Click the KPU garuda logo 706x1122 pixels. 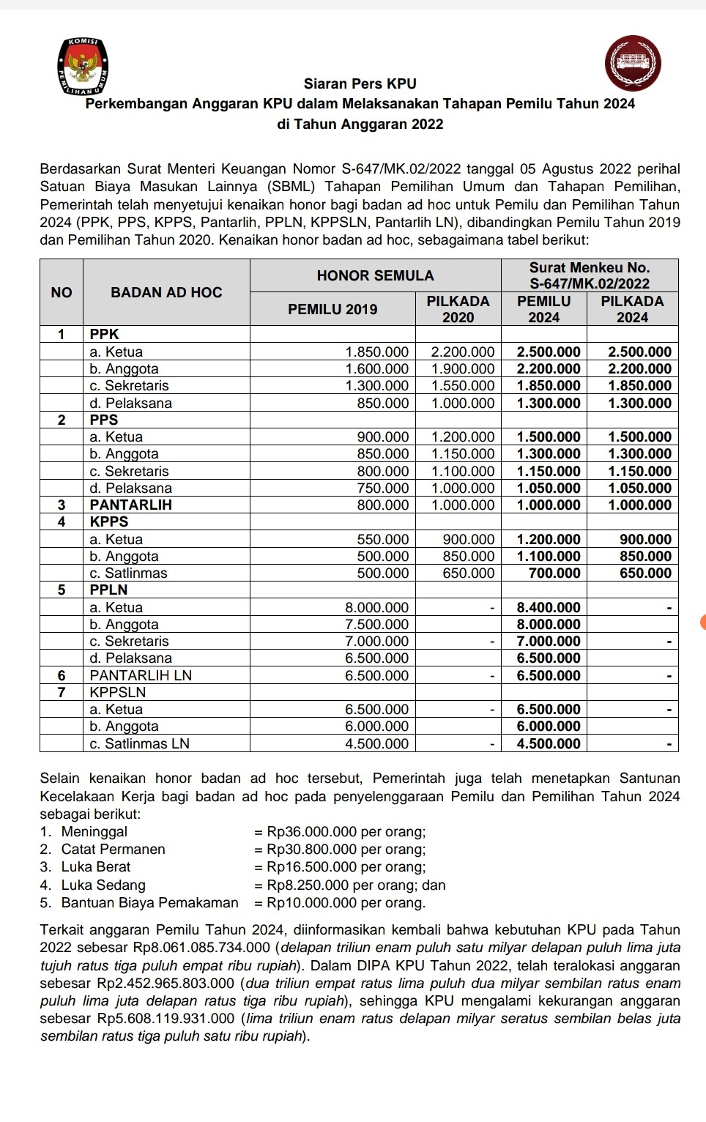coord(84,67)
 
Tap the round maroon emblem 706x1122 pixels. coord(633,63)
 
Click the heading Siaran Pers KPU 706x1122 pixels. coord(360,84)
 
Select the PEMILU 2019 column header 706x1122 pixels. coord(332,309)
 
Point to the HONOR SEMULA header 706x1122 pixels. coord(375,275)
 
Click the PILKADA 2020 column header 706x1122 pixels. coord(458,309)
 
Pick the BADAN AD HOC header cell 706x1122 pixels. coord(166,292)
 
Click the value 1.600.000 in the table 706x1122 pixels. coord(377,369)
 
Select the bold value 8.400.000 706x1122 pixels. coord(549,608)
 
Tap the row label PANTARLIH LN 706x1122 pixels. coord(141,675)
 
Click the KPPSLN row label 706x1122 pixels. coord(118,692)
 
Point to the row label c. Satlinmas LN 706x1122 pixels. coord(139,743)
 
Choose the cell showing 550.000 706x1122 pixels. coord(383,540)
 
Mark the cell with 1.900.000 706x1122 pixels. coord(463,369)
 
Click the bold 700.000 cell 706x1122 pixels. coord(554,573)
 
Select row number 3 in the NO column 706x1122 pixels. coord(62,505)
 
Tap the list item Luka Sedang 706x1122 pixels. coord(103,885)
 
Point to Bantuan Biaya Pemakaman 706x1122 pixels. coord(149,903)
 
